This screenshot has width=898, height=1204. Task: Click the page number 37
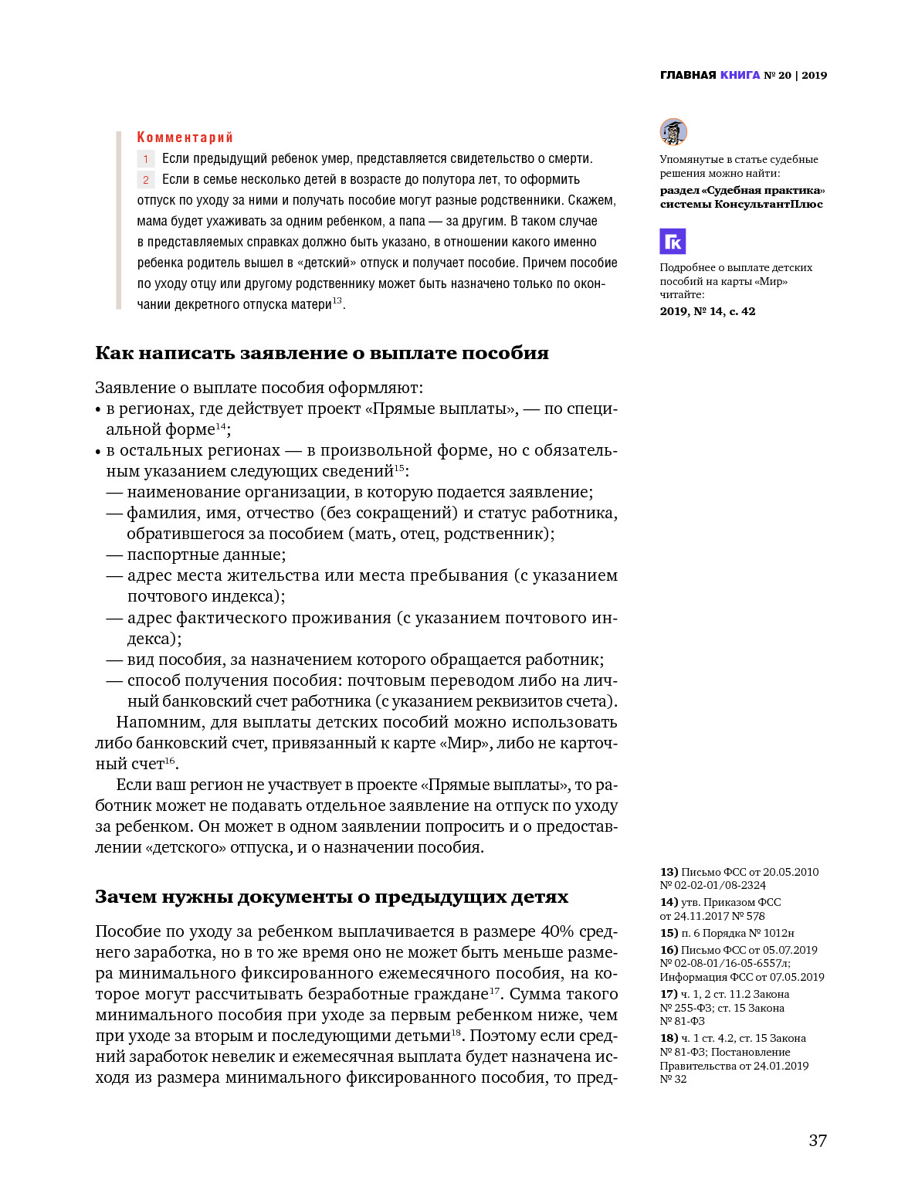pyautogui.click(x=818, y=1141)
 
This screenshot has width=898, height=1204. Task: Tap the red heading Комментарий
pyautogui.click(x=185, y=137)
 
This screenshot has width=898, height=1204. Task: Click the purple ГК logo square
pyautogui.click(x=673, y=242)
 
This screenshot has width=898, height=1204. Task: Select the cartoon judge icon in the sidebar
pyautogui.click(x=673, y=132)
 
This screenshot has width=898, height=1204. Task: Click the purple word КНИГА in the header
pyautogui.click(x=740, y=75)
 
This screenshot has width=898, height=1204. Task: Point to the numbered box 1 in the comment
pyautogui.click(x=146, y=159)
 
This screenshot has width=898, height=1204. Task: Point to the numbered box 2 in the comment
pyautogui.click(x=146, y=180)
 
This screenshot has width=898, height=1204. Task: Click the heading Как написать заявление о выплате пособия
pyautogui.click(x=321, y=353)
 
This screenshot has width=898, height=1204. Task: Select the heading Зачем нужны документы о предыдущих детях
pyautogui.click(x=331, y=897)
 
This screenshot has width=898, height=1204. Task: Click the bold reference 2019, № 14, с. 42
pyautogui.click(x=707, y=311)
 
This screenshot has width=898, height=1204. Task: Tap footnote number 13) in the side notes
pyautogui.click(x=669, y=872)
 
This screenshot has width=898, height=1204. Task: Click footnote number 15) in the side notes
pyautogui.click(x=669, y=933)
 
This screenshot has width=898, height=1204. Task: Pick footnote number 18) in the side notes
pyautogui.click(x=669, y=1038)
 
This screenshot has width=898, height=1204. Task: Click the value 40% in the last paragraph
pyautogui.click(x=556, y=931)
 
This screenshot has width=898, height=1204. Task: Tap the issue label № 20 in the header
pyautogui.click(x=778, y=75)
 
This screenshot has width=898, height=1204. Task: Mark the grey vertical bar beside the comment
pyautogui.click(x=119, y=220)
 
